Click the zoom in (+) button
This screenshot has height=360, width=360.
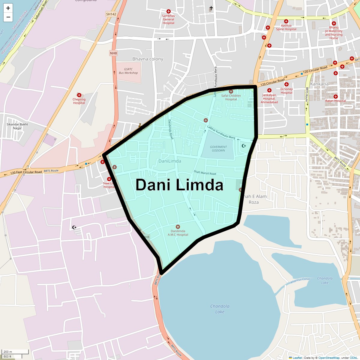[x=8, y=8]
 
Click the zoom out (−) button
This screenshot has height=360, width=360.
[x=8, y=17]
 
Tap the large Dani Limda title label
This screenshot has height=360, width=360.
[x=179, y=185]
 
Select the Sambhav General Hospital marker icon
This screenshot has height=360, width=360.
[x=169, y=11]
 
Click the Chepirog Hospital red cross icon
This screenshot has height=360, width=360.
[x=79, y=95]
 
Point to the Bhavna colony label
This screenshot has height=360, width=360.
[x=148, y=59]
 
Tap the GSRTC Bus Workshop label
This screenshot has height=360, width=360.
[x=128, y=71]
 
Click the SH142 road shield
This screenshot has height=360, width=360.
[x=111, y=14]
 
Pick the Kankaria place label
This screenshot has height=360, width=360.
[x=319, y=84]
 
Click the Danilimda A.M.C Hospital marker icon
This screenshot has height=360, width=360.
[x=178, y=227]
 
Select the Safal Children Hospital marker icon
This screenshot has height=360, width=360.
[x=231, y=91]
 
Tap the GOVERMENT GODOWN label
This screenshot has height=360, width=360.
[x=218, y=149]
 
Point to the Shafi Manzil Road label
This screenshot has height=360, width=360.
[x=205, y=172]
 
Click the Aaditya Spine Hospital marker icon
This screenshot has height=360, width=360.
[x=286, y=21]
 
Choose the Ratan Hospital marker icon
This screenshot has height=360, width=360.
[x=336, y=97]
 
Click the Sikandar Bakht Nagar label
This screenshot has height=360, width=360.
[x=17, y=126]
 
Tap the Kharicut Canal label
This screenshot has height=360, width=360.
[x=300, y=280]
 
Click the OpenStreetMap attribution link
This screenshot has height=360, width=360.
[x=329, y=358]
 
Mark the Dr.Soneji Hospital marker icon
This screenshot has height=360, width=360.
[x=286, y=85]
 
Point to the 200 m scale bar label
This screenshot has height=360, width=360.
[x=8, y=352]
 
